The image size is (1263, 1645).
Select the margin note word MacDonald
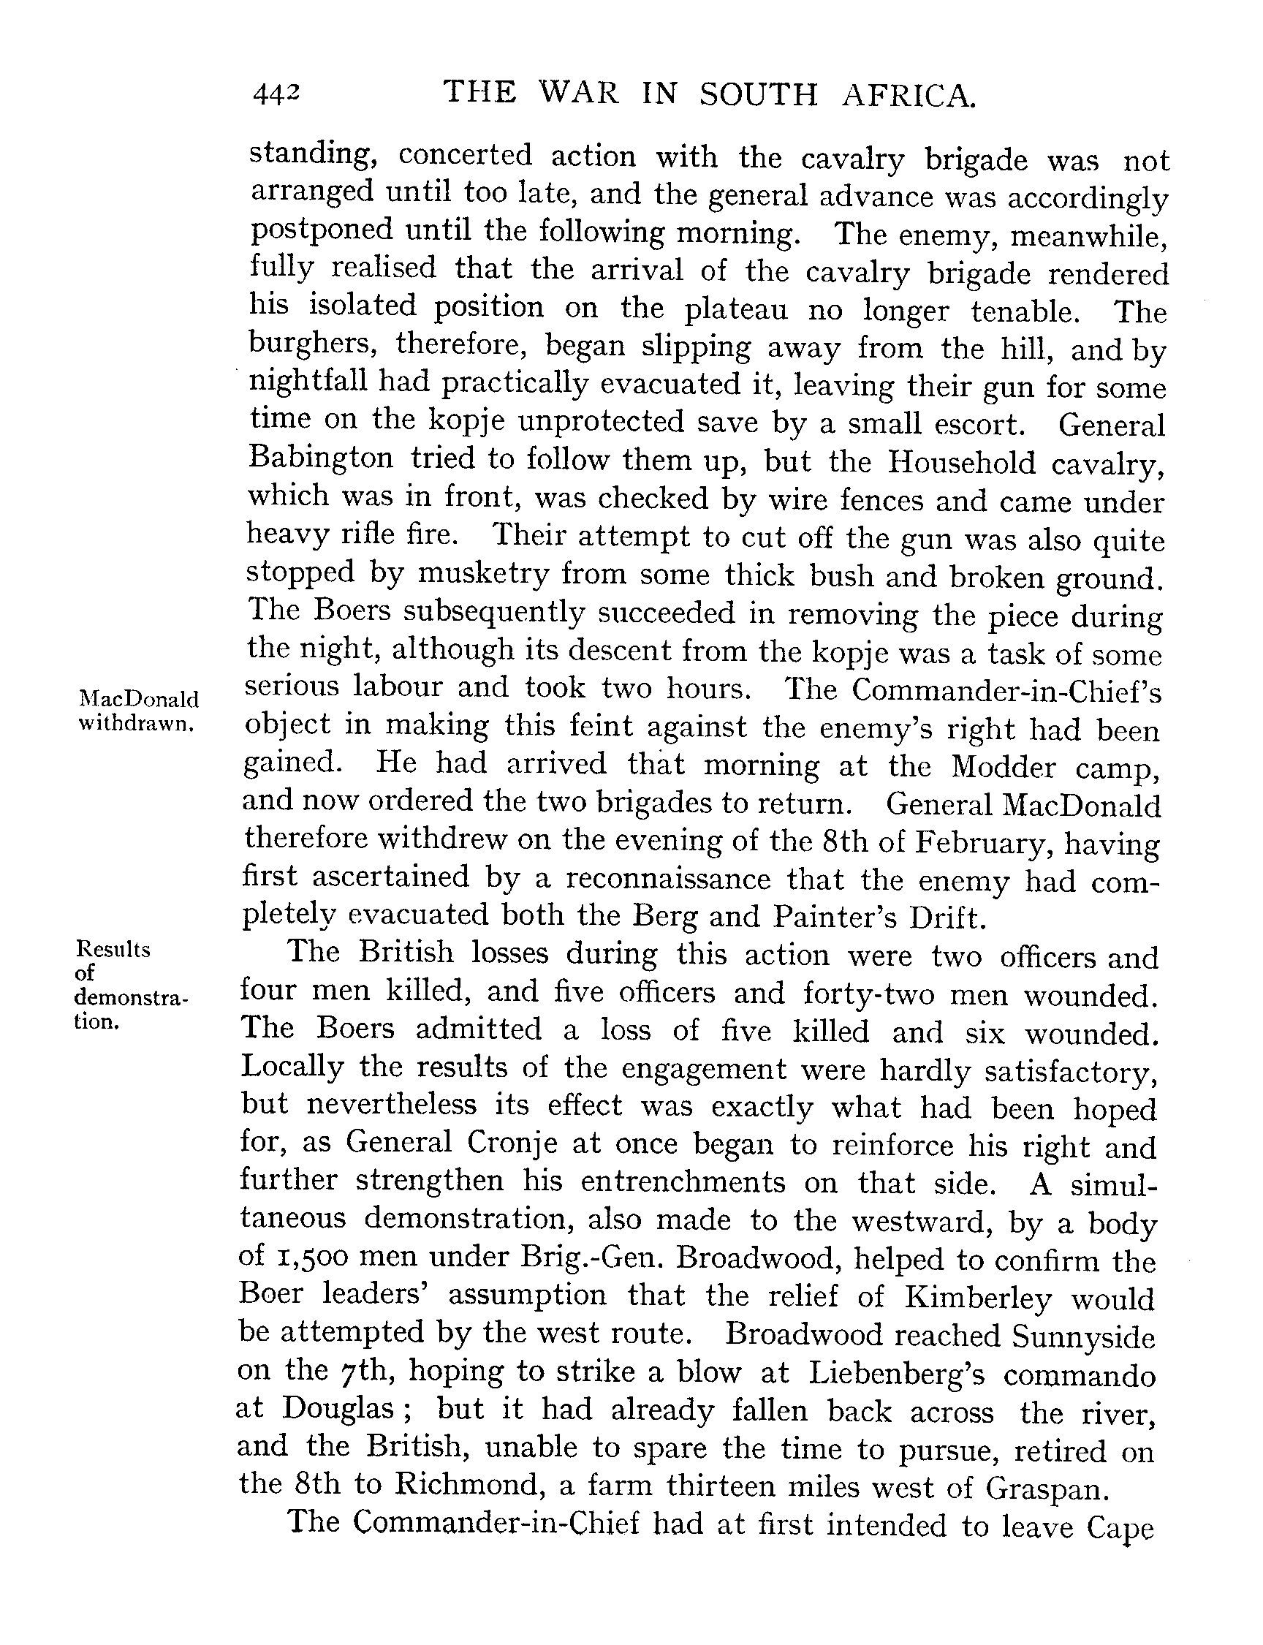(139, 699)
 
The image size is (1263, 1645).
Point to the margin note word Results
(113, 950)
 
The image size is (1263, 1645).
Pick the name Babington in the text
(321, 458)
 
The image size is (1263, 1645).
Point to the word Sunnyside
(1082, 1336)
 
